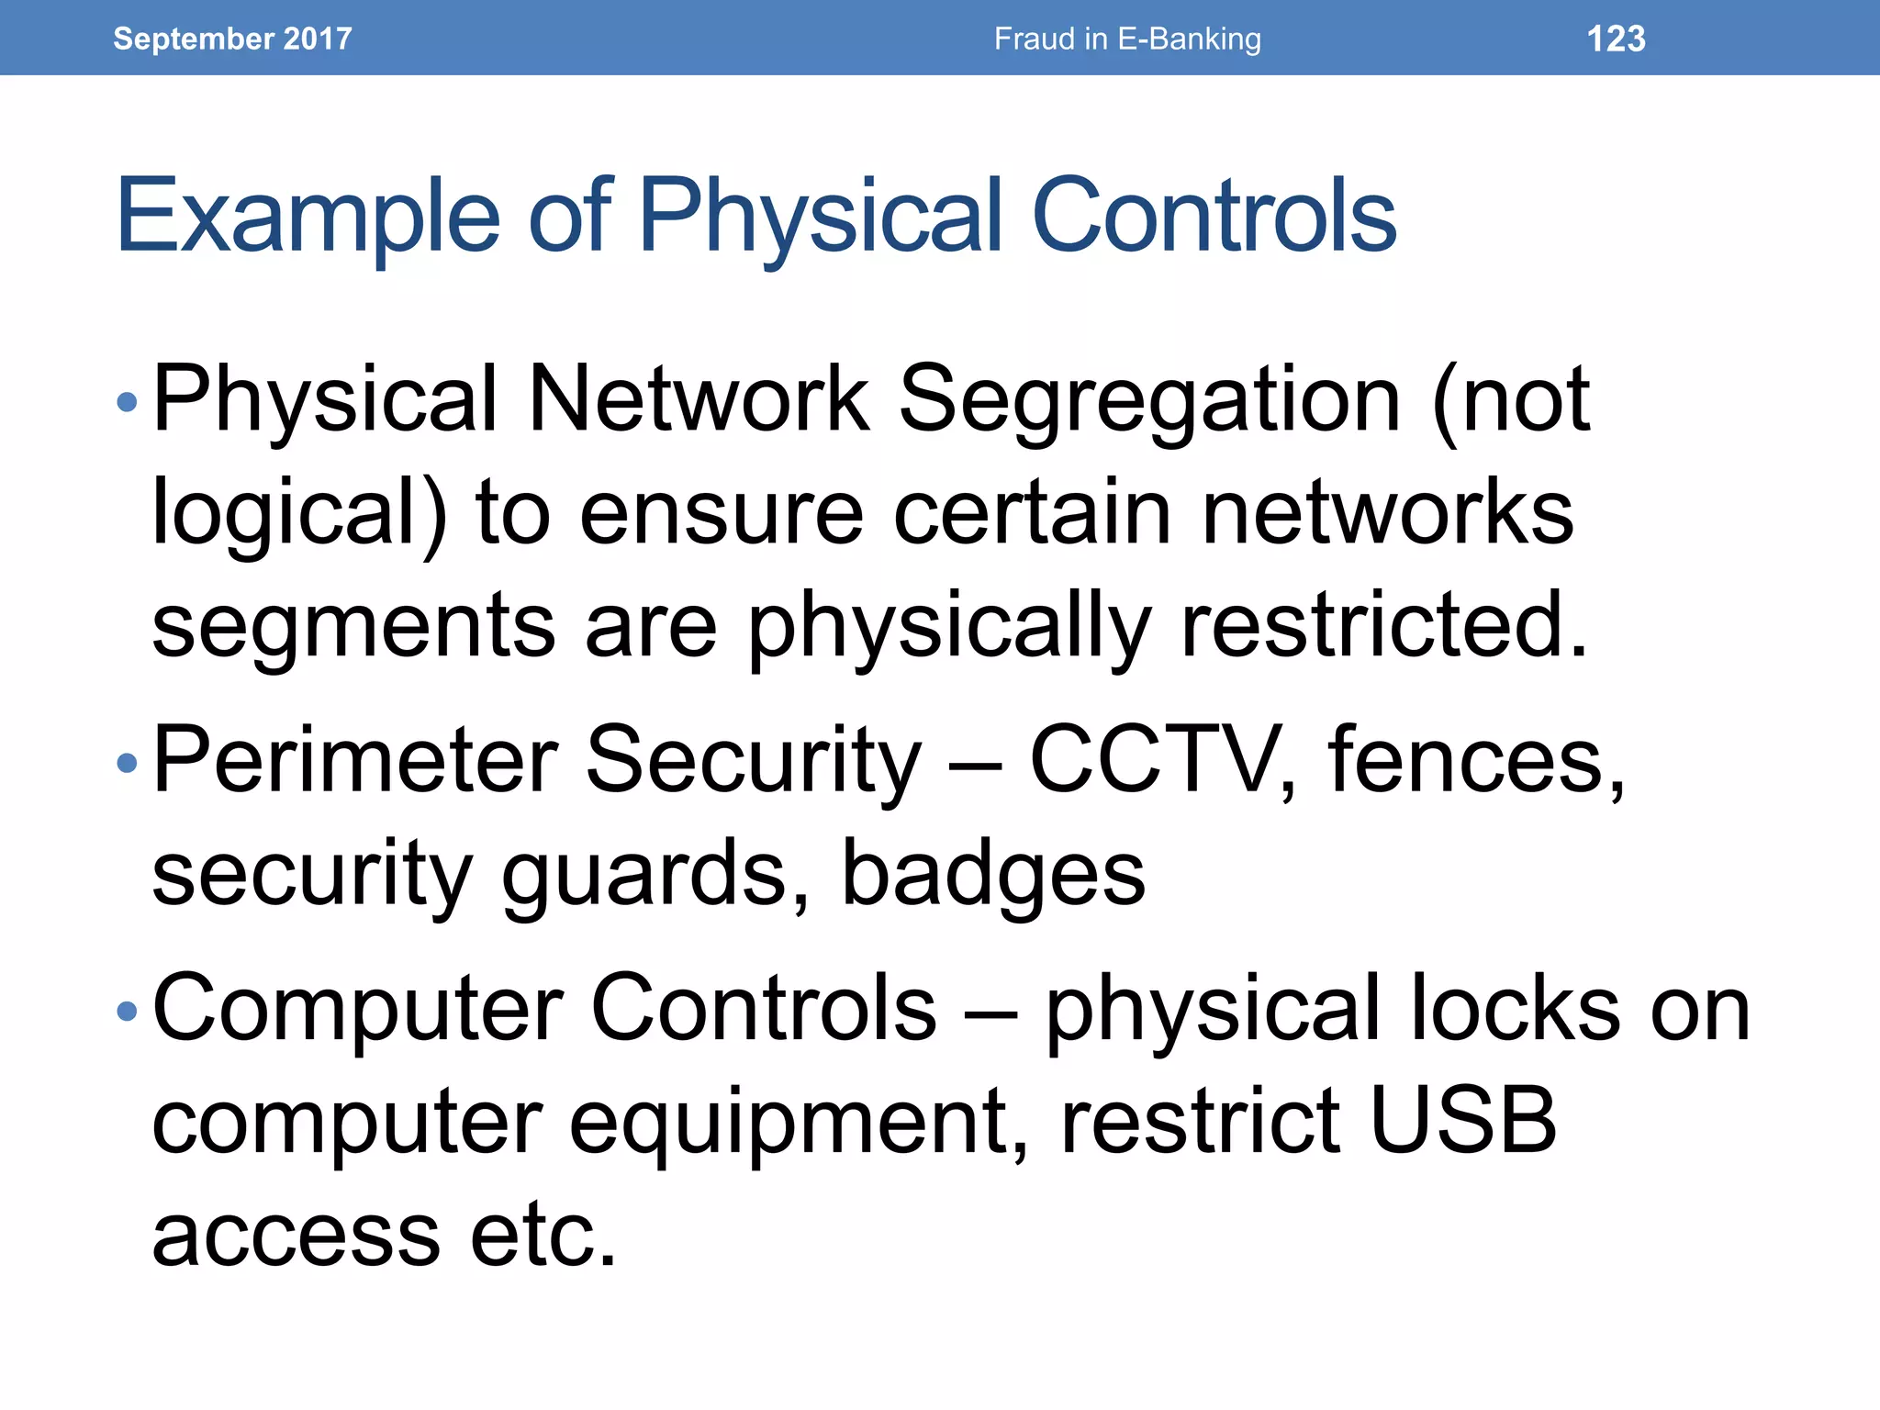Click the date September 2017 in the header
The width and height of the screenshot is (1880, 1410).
(232, 39)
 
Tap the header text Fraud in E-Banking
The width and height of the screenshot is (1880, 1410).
(1127, 39)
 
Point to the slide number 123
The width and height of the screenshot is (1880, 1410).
(1616, 39)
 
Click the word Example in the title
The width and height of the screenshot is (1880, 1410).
(308, 216)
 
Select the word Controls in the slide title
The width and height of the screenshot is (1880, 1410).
(1214, 216)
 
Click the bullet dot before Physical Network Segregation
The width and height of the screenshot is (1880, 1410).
(128, 401)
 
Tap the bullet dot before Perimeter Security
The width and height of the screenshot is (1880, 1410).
(128, 762)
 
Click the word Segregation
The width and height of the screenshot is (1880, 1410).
(1149, 399)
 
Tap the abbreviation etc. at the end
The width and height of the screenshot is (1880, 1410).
(543, 1234)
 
